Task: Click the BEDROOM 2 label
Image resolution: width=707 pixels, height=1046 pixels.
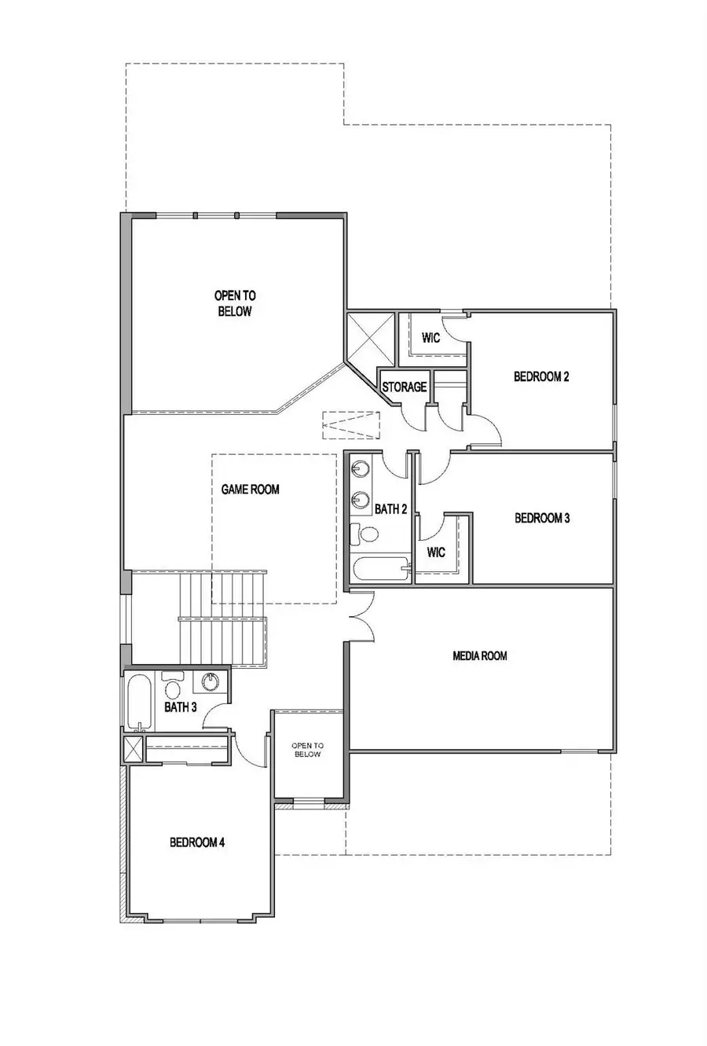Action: coord(541,376)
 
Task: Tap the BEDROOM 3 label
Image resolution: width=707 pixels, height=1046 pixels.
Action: coord(541,518)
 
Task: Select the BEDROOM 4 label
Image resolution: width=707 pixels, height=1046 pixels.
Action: coord(197,842)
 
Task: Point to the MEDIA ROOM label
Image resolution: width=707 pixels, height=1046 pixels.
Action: coord(480,655)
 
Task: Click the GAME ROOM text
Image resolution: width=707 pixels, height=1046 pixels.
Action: coord(250,490)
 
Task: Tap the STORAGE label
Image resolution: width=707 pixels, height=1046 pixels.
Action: coord(404,387)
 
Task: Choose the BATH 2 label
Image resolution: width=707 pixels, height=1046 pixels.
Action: coord(390,509)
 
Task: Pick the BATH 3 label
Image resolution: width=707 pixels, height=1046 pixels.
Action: coord(180,707)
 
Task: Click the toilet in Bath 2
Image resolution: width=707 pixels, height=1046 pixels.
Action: coord(364,534)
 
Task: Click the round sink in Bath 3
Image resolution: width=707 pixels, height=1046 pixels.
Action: coord(211,681)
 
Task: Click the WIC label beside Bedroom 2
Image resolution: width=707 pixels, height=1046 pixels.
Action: coord(430,338)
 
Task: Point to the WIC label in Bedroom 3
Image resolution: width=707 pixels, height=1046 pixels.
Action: coord(437,552)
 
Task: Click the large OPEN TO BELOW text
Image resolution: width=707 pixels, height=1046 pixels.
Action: coord(234,303)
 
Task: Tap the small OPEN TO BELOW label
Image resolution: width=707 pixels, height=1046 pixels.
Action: coord(306,750)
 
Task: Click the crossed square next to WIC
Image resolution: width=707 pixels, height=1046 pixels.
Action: coord(370,336)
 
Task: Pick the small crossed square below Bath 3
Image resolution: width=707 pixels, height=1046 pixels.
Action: coord(133,748)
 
